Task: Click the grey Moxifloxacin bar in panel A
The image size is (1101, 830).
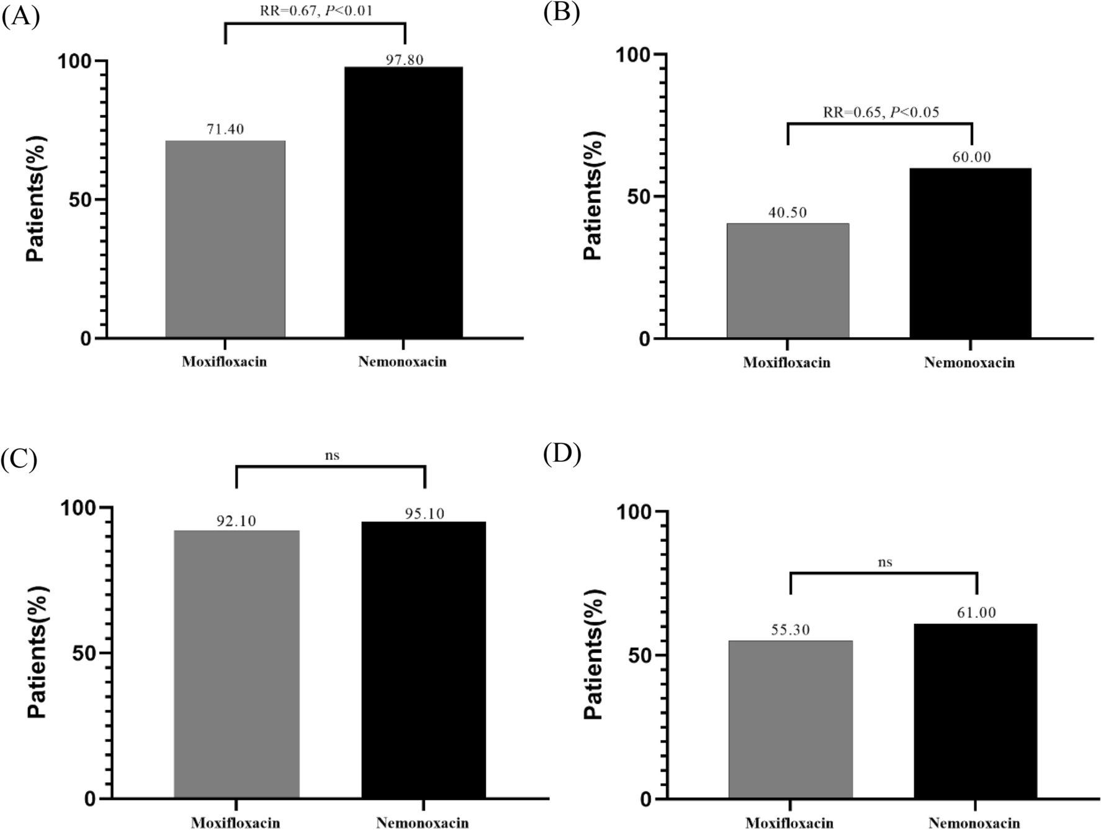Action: (x=225, y=239)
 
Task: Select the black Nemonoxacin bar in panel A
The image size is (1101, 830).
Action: (x=403, y=202)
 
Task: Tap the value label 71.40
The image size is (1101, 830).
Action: (x=225, y=130)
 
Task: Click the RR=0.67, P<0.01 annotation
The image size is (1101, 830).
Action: (x=315, y=11)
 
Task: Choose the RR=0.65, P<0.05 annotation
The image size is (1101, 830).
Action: (x=881, y=112)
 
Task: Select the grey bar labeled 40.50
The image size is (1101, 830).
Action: (x=788, y=281)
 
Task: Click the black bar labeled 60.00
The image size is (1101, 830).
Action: (x=971, y=253)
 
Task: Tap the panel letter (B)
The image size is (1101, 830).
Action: (x=561, y=12)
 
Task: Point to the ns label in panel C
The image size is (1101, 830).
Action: (x=332, y=455)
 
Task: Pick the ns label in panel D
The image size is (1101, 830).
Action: (x=885, y=562)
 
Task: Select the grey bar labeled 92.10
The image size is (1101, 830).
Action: (x=236, y=664)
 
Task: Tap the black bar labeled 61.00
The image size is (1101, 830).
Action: (x=975, y=711)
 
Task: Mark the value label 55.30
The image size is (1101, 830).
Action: (x=791, y=630)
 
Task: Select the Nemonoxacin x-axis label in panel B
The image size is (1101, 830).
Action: (x=969, y=363)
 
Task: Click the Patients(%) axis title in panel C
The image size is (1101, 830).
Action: (x=37, y=652)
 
